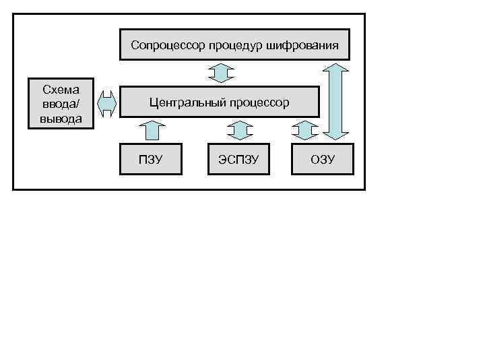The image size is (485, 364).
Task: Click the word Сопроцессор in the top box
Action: [x=167, y=46]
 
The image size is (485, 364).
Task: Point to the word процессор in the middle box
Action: [x=259, y=102]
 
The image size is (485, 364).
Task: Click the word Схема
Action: [x=60, y=90]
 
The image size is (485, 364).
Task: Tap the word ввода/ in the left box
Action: [x=60, y=104]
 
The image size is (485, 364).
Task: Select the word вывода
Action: [x=60, y=119]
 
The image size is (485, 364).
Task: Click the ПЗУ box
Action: [x=151, y=160]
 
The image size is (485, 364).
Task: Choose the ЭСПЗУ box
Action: [x=239, y=160]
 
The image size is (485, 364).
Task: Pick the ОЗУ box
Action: [x=322, y=160]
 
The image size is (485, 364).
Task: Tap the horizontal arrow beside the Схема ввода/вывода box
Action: [x=107, y=102]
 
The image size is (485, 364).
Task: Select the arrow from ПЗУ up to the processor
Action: [x=154, y=130]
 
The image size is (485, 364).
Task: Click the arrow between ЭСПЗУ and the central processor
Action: [x=239, y=130]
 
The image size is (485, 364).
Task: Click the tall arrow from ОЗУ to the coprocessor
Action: [x=335, y=102]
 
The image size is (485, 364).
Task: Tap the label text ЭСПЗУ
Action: [x=239, y=160]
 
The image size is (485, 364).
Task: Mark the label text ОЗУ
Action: [x=322, y=160]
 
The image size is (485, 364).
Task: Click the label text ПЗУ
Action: [x=151, y=160]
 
